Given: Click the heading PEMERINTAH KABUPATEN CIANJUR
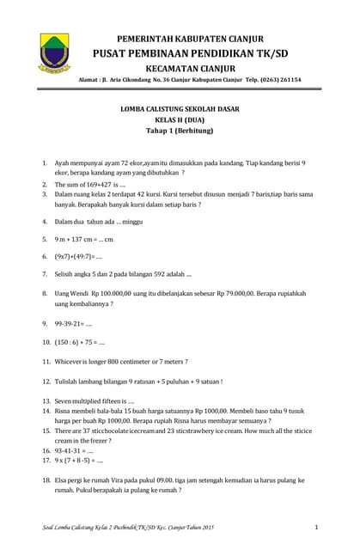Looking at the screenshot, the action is [x=190, y=39].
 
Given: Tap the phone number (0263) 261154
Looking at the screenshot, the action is [x=274, y=79].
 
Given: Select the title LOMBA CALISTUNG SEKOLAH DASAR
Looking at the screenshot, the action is [x=180, y=109].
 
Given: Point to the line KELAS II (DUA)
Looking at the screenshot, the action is [x=180, y=121].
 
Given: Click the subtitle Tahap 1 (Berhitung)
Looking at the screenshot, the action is [x=180, y=133].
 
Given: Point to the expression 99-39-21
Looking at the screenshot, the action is [x=68, y=324].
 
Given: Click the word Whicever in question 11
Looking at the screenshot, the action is [x=71, y=361].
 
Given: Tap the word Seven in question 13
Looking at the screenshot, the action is [x=66, y=401].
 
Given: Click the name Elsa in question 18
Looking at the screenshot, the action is [x=63, y=480].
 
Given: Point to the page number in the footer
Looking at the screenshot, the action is [x=316, y=526].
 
